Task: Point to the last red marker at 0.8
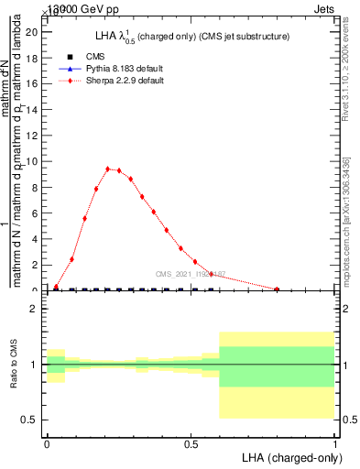pyautogui.click(x=277, y=289)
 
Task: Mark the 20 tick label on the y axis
pyautogui.click(x=30, y=32)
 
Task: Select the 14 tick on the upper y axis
pyautogui.click(x=30, y=109)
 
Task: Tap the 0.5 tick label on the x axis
pyautogui.click(x=191, y=444)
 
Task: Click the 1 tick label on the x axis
pyautogui.click(x=335, y=444)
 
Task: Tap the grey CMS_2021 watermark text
pyautogui.click(x=190, y=274)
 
